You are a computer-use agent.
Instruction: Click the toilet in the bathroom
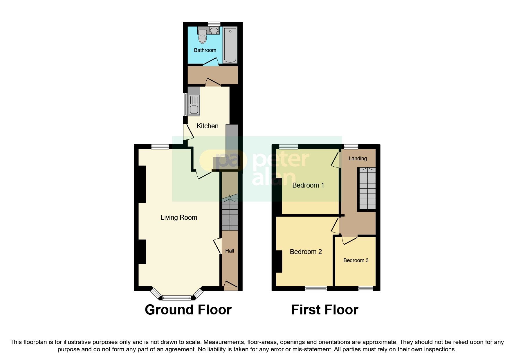(203, 37)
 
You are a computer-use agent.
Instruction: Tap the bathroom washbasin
(214, 30)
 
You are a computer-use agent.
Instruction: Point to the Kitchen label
(207, 126)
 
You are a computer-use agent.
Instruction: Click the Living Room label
(179, 217)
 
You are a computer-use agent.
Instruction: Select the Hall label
(230, 251)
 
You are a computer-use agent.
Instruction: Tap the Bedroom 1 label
(308, 185)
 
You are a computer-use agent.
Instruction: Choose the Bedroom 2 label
(306, 252)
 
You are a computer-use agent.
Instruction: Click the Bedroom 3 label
(356, 260)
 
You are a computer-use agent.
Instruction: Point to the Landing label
(358, 159)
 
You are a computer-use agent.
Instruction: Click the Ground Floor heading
(188, 310)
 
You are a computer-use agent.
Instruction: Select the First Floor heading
(324, 310)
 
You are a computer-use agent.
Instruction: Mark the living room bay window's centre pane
(176, 297)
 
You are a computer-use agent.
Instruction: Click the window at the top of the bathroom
(214, 24)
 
